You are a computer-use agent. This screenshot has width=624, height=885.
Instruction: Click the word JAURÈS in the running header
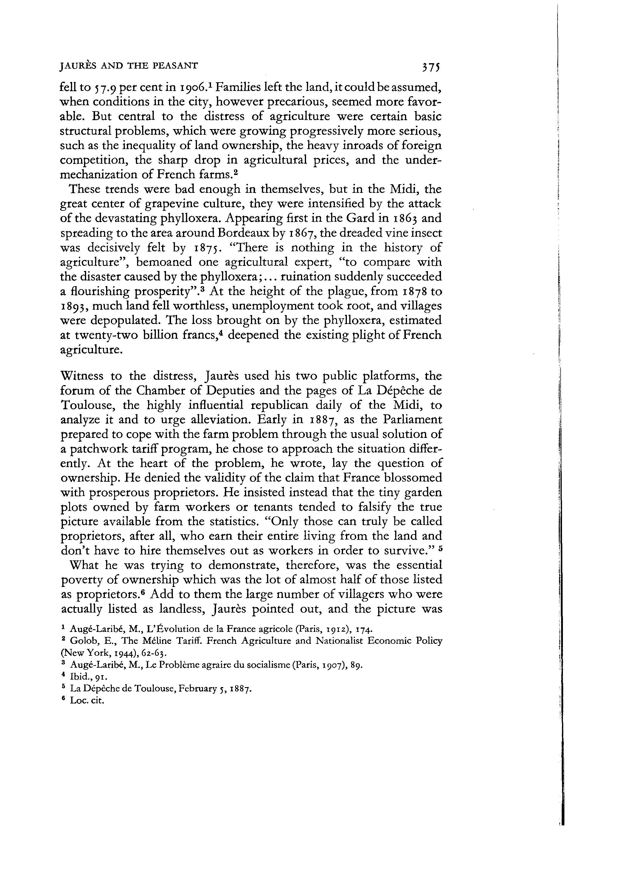tap(77, 66)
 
